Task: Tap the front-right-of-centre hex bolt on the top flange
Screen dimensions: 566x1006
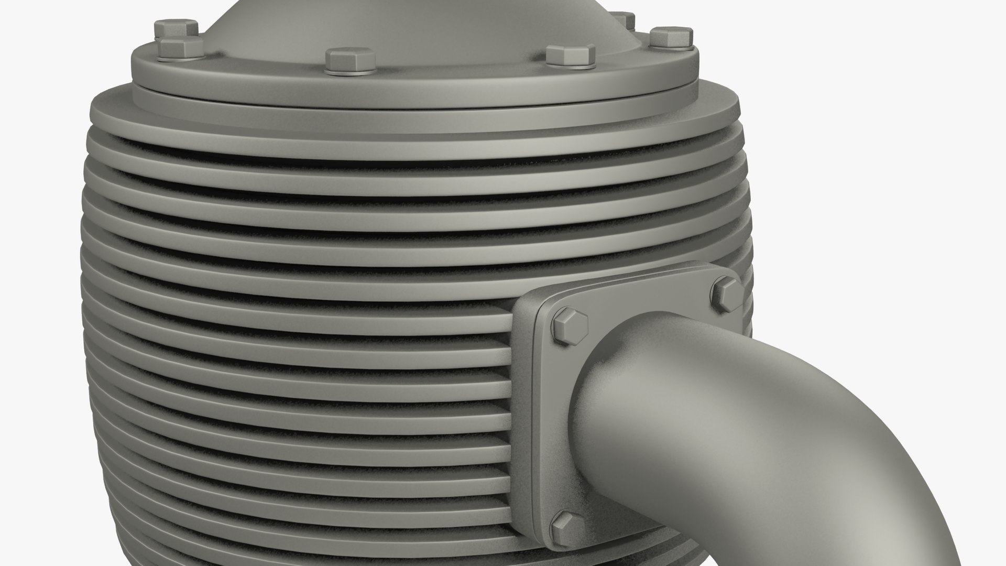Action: pos(570,55)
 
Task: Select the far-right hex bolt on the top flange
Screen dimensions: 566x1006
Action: pos(671,37)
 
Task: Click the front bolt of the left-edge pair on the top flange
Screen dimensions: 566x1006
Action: pos(181,46)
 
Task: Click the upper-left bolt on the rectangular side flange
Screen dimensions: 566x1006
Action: pos(570,326)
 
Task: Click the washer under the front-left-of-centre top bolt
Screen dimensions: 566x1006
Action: pos(349,69)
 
